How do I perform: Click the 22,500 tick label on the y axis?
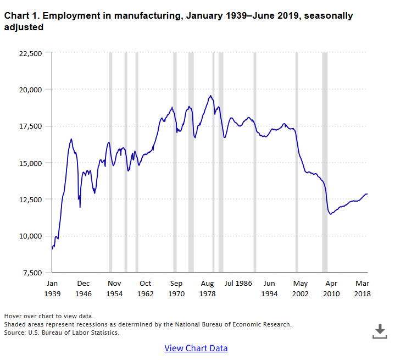pyautogui.click(x=30, y=54)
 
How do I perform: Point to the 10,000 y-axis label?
pyautogui.click(x=30, y=236)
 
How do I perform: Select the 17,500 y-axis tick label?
pyautogui.click(x=30, y=126)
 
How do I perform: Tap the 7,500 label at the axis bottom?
pyautogui.click(x=32, y=273)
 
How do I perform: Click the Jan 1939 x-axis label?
pyautogui.click(x=52, y=289)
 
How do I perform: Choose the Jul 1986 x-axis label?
pyautogui.click(x=238, y=284)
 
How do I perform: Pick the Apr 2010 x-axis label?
pyautogui.click(x=331, y=289)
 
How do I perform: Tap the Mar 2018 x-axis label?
pyautogui.click(x=362, y=289)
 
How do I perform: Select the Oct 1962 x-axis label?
pyautogui.click(x=145, y=289)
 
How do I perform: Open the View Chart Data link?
pyautogui.click(x=196, y=348)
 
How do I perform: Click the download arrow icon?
pyautogui.click(x=380, y=331)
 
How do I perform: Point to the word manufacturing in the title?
pyautogui.click(x=148, y=16)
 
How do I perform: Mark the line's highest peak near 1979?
pyautogui.click(x=210, y=96)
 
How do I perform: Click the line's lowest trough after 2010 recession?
pyautogui.click(x=331, y=214)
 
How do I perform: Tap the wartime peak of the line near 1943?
pyautogui.click(x=71, y=139)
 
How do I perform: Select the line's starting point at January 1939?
pyautogui.click(x=52, y=249)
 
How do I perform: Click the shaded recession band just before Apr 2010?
pyautogui.click(x=325, y=162)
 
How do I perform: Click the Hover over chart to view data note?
pyautogui.click(x=49, y=316)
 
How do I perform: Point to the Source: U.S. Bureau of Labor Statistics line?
pyautogui.click(x=62, y=333)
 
